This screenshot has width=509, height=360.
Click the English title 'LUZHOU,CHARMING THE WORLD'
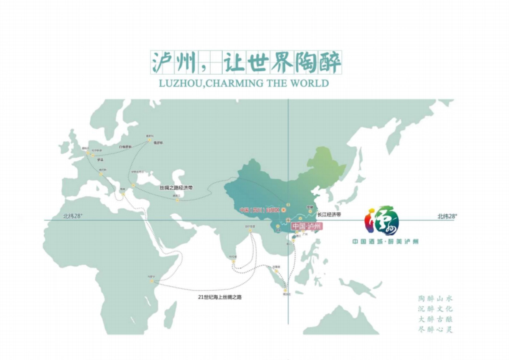coord(244,83)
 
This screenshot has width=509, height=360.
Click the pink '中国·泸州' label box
coord(307,226)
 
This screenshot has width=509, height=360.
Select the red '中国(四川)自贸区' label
coord(259,210)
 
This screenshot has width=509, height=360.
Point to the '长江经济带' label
coord(329,215)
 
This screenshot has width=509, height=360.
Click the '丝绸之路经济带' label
coord(176,187)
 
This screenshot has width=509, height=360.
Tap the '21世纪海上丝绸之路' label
coord(219,297)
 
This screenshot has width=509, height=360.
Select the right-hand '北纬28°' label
coord(447,216)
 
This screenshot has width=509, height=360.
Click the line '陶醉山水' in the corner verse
coord(436,299)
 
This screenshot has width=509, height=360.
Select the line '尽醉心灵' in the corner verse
coord(436,329)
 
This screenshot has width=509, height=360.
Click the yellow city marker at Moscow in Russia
coord(149,140)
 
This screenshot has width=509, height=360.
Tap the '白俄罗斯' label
coord(126,147)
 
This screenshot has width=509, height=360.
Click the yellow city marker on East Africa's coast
coord(152,281)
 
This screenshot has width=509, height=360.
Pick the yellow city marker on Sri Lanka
coord(234,262)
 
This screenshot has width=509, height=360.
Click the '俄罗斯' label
coord(158,142)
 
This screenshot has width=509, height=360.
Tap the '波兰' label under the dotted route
coord(100,160)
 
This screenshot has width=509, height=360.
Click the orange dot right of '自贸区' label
coord(284,210)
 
